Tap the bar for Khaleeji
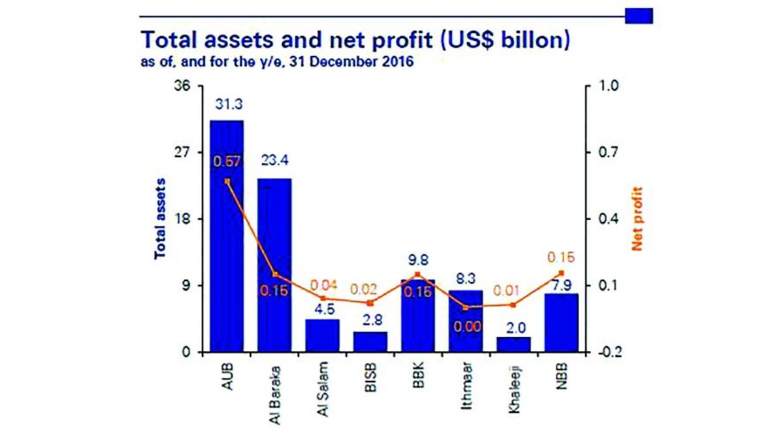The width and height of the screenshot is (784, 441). coord(514,345)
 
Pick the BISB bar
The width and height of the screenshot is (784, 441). coord(370,342)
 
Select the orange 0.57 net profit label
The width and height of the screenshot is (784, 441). coord(226,161)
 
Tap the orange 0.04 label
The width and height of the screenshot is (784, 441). coord(322,285)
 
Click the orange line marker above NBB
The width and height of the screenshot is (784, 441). coord(561,273)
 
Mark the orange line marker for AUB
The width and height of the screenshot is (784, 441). coord(227,181)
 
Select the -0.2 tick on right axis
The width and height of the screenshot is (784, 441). coord(599,353)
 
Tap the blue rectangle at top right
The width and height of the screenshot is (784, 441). coord(638,15)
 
